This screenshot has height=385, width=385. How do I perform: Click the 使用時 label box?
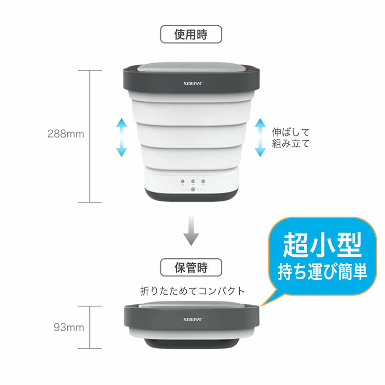pos(190,35)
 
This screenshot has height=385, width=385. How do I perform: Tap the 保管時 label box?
pos(190,267)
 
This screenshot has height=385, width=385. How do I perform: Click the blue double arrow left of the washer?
pos(121,137)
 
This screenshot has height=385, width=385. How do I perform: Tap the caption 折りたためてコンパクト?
pos(192,291)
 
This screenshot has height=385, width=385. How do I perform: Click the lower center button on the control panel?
pos(191,190)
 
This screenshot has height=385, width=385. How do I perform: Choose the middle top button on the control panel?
pos(192,181)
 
